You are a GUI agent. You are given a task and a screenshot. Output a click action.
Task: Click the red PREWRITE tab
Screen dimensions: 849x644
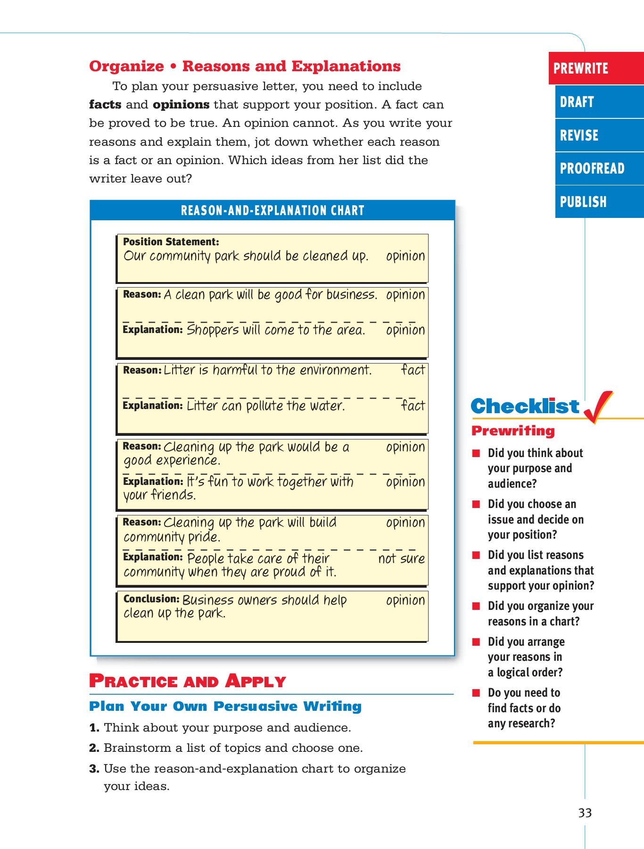[596, 68]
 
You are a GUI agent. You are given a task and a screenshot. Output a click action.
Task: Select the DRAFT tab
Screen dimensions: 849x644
[599, 102]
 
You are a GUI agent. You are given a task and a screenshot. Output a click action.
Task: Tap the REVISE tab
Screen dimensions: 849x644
[599, 135]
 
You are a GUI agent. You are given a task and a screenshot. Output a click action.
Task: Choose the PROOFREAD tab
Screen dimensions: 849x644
[599, 168]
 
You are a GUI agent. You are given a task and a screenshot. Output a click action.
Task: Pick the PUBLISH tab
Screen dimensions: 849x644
[599, 202]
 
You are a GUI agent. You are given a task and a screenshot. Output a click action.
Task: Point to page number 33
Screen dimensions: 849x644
[585, 813]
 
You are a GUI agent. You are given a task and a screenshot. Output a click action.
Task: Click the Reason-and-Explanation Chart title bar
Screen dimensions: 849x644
[272, 210]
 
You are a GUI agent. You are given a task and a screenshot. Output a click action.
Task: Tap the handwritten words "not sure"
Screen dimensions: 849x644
[401, 559]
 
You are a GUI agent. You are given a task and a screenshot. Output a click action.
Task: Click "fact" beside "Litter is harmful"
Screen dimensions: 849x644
[413, 370]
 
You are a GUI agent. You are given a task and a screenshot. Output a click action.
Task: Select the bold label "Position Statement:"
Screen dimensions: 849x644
[171, 242]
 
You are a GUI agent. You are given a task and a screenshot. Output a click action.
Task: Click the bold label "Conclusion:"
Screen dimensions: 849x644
[151, 599]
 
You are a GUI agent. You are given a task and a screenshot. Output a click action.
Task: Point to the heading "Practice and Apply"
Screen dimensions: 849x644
[188, 681]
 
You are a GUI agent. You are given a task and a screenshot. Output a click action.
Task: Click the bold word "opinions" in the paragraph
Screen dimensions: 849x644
[181, 105]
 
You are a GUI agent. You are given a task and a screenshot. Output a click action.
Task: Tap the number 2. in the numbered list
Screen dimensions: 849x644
[94, 748]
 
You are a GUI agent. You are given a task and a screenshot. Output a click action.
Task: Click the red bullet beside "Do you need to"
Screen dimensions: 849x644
[477, 693]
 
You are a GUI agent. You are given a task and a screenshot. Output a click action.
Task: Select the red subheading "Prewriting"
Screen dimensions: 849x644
[513, 431]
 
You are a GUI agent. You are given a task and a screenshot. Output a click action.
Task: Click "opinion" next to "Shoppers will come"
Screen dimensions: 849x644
[405, 330]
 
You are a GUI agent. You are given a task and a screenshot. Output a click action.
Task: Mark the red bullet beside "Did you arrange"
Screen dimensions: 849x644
[477, 642]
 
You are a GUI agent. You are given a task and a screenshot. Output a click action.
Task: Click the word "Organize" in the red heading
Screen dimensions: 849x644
[126, 67]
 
